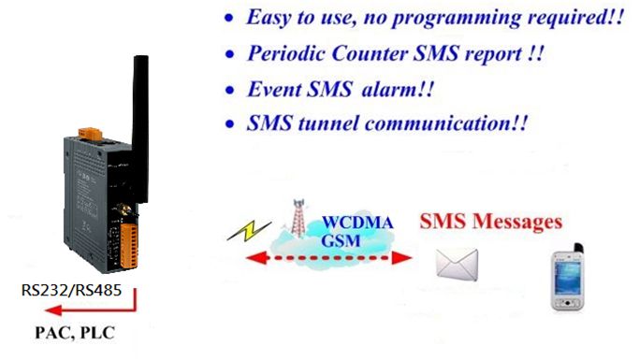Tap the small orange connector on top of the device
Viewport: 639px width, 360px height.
coord(90,134)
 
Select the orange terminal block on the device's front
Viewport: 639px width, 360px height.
coord(129,246)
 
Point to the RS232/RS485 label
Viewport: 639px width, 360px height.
coord(71,291)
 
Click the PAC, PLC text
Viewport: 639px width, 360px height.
coord(75,333)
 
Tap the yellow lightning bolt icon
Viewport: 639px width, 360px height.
coord(249,231)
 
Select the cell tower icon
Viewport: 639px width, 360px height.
coord(299,218)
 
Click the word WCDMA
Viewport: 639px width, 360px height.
coord(357,223)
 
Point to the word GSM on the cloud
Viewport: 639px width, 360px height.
coord(341,240)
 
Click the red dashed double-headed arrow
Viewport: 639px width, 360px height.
coord(329,258)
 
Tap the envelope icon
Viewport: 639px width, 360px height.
coord(457,265)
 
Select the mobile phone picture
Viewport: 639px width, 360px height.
coord(567,277)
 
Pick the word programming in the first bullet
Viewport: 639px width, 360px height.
coord(456,19)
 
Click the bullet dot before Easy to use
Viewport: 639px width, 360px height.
coord(229,19)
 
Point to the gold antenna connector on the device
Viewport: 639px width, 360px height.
coord(123,209)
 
